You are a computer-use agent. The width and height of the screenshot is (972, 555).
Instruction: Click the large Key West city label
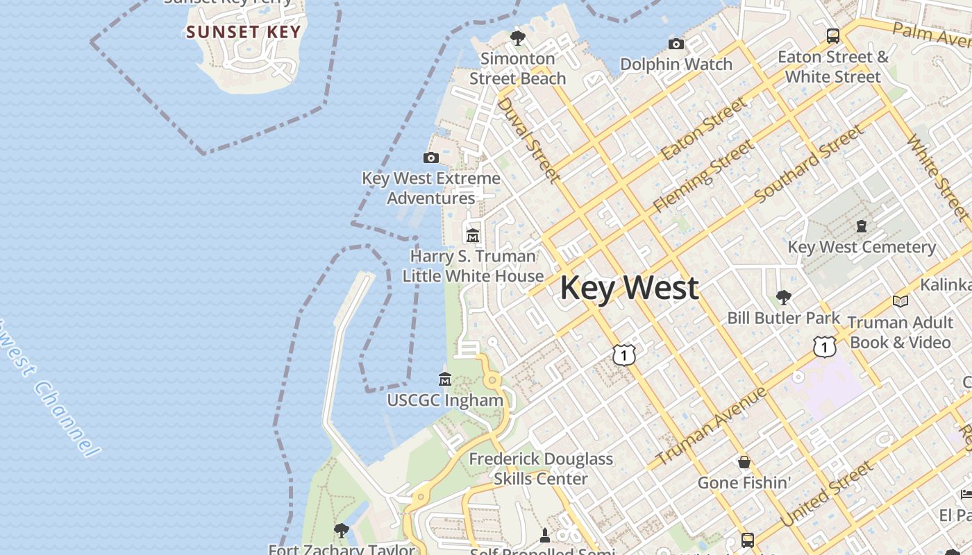click(x=629, y=288)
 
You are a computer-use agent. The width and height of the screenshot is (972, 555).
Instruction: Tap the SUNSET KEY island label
click(x=243, y=32)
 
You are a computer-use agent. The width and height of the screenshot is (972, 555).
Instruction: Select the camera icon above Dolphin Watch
click(x=676, y=44)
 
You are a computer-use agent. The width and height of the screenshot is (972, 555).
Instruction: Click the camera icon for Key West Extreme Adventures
click(x=430, y=158)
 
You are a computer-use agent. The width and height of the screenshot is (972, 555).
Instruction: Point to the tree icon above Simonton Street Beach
click(x=517, y=37)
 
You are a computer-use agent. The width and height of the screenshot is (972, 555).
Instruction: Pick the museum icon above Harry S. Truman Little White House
click(x=473, y=236)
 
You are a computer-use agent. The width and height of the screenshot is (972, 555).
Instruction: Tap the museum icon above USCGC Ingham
click(x=445, y=379)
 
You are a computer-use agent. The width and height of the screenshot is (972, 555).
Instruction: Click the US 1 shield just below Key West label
click(x=624, y=355)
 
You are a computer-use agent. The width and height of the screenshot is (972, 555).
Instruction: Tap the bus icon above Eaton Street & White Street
click(x=832, y=35)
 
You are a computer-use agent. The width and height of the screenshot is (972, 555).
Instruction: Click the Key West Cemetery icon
click(x=862, y=226)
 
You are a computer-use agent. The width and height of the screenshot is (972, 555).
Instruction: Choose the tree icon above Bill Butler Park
click(x=783, y=298)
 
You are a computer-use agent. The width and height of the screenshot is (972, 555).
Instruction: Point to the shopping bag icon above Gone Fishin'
click(x=744, y=462)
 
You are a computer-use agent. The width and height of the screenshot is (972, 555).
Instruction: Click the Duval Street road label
click(x=529, y=140)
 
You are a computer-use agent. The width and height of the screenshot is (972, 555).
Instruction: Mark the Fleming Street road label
click(x=703, y=176)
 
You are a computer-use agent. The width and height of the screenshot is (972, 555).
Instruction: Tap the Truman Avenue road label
click(x=711, y=426)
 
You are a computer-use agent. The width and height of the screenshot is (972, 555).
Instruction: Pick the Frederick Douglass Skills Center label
click(x=541, y=468)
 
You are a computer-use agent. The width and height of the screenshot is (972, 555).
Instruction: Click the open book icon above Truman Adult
click(x=900, y=301)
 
